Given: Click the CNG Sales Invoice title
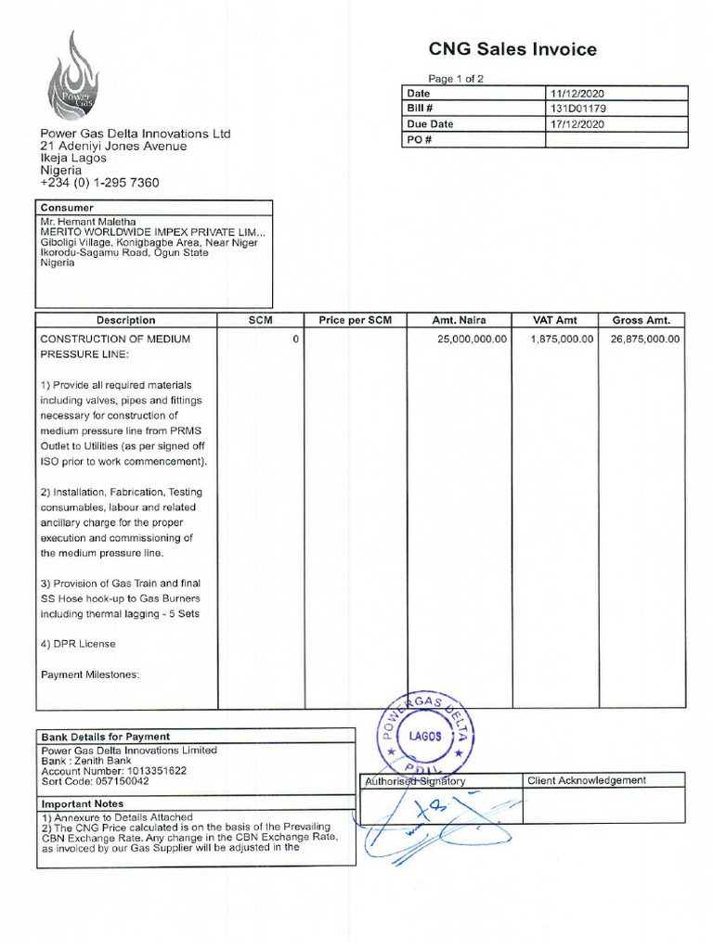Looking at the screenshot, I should point(512,49).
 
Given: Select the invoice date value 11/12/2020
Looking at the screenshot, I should point(577,94).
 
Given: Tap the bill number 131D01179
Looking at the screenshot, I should point(577,109).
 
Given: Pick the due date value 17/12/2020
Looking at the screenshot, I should point(577,123).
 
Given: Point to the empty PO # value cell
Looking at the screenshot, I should point(616,139).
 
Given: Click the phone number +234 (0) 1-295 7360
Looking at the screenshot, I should point(99,183).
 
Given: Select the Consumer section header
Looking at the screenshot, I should point(67,208).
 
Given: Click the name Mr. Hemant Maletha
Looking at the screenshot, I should point(88,223).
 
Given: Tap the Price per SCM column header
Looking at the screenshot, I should point(356,320).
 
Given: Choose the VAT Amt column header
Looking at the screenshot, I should point(554,320).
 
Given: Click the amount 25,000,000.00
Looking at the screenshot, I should point(472,340).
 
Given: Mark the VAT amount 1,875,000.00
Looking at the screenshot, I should point(561,340).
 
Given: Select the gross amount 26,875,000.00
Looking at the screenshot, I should point(644,340).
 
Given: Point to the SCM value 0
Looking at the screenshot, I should point(295,340).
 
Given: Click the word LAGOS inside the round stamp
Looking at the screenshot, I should point(426,736).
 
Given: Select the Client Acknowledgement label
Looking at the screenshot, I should point(587,780).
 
